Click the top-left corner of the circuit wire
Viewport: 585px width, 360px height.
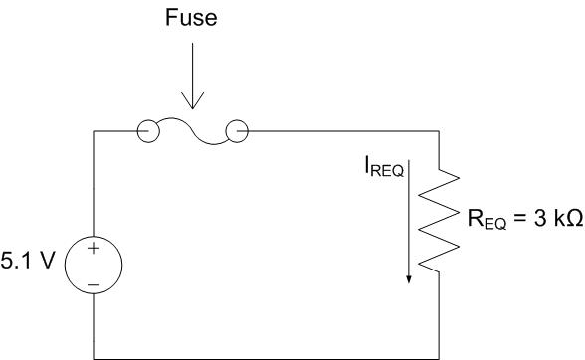point(94,130)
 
